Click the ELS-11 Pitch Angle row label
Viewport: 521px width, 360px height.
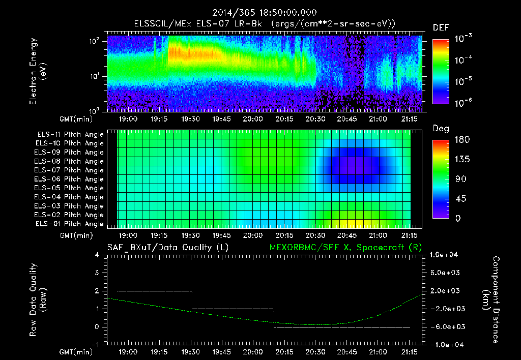[70, 135]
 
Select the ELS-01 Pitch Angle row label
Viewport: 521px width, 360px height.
[70, 224]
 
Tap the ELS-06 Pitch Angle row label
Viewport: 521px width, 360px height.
[70, 179]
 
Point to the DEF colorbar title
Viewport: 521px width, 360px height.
[440, 28]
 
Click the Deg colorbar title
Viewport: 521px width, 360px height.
[440, 129]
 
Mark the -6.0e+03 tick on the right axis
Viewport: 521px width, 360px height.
[445, 326]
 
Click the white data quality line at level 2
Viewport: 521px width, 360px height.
[155, 291]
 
